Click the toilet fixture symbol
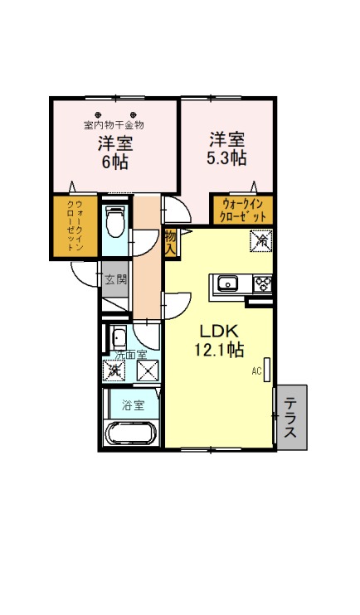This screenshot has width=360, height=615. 115,222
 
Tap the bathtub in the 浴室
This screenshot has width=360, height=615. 132,433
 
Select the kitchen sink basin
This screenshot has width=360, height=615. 228,283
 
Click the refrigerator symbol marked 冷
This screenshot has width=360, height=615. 261,241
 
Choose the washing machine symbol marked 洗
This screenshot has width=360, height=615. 114,370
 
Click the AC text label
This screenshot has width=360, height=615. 257,370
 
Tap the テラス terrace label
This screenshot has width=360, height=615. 290,418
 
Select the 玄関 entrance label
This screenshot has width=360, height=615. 115,280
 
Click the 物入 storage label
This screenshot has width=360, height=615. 170,244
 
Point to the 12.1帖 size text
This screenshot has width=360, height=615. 219,351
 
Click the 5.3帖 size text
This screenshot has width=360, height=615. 226,159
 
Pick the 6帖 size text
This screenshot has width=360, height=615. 115,162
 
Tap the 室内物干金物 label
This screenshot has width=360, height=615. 114,125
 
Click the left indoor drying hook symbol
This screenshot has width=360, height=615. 98,115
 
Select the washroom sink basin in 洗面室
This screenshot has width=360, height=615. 118,337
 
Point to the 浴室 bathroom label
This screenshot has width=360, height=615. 133,405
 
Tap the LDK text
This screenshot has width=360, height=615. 219,332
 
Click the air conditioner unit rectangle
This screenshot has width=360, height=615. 267,370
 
